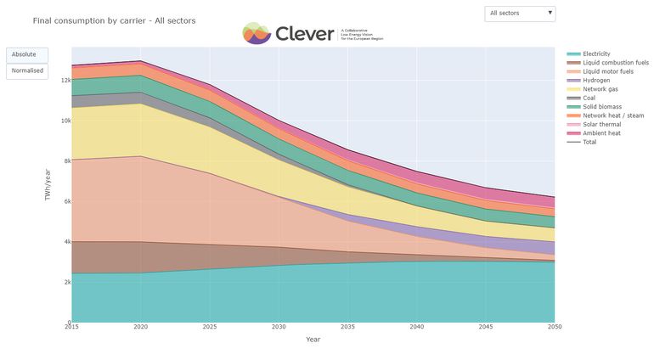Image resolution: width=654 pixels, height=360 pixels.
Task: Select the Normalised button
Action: pos(26,70)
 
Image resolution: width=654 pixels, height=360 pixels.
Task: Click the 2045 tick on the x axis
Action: pos(485,328)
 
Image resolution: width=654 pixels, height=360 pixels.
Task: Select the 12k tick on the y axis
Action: pos(65,81)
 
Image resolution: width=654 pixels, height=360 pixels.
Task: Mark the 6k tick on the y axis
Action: pos(65,201)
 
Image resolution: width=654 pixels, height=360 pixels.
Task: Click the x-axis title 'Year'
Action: pos(313,340)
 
